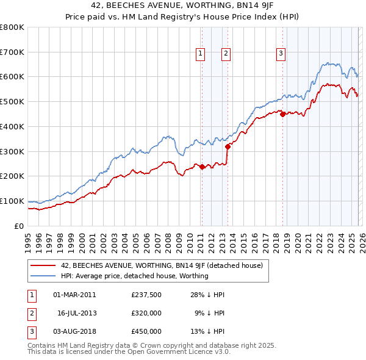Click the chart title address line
(x=182, y=6)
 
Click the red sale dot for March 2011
(x=202, y=167)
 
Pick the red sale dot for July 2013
(x=228, y=146)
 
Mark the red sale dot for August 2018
(x=282, y=114)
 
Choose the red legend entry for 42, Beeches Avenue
(x=162, y=266)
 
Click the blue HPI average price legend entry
(x=134, y=276)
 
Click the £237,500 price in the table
(x=146, y=295)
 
